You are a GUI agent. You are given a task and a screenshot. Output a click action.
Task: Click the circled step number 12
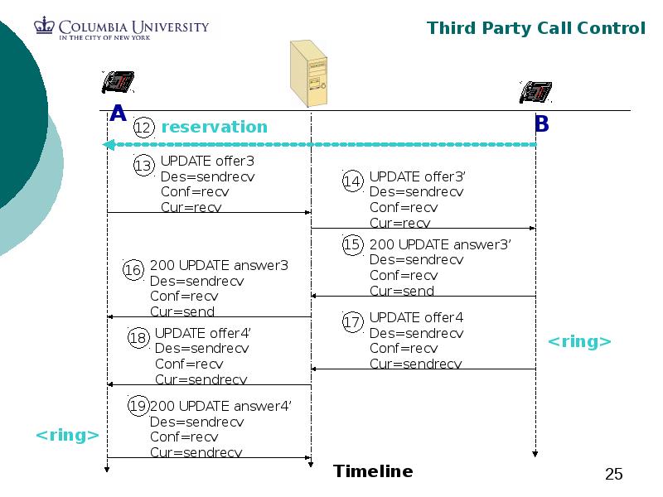(143, 128)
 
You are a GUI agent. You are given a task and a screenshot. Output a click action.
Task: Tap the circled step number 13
(143, 166)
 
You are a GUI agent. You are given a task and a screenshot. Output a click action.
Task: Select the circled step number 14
(353, 181)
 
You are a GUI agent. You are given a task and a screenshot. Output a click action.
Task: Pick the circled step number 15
(353, 245)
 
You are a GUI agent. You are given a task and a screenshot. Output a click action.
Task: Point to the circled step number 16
(133, 270)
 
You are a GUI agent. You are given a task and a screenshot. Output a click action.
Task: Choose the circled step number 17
(353, 322)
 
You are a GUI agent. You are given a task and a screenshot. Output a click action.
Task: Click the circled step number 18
(138, 338)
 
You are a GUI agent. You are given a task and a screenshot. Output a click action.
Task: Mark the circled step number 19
(138, 406)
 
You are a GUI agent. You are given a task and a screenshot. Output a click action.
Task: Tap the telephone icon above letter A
(118, 83)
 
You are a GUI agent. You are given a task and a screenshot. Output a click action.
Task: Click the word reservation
(214, 127)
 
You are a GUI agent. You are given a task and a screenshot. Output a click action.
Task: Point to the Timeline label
(373, 471)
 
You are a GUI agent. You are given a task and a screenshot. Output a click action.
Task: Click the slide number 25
(614, 475)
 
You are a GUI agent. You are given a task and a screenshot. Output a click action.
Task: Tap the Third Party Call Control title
(535, 28)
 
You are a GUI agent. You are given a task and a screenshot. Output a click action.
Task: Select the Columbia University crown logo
(43, 27)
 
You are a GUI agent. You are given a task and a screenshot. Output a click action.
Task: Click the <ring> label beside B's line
(580, 341)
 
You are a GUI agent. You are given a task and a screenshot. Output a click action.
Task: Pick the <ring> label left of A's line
(67, 435)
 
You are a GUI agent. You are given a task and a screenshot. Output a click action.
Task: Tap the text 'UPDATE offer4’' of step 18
(202, 333)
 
